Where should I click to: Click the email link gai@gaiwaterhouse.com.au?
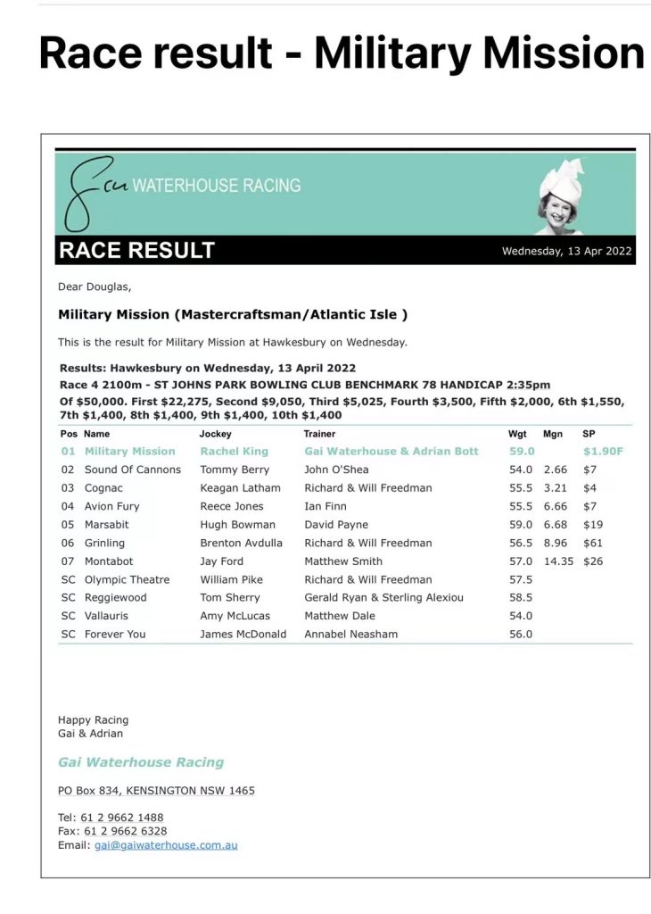click(x=166, y=845)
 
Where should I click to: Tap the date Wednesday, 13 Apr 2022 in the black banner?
click(x=566, y=251)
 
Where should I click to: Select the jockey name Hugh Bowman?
click(x=238, y=525)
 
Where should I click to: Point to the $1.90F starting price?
click(x=603, y=452)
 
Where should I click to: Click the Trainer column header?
click(x=319, y=434)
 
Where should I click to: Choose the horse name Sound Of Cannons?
click(x=133, y=469)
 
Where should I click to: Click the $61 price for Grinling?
click(x=592, y=543)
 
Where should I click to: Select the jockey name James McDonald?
click(x=243, y=635)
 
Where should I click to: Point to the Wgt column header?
click(x=517, y=434)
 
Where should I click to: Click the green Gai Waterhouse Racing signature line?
click(x=141, y=762)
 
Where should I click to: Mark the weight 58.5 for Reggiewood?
click(x=520, y=598)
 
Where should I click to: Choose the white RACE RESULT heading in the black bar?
click(x=137, y=251)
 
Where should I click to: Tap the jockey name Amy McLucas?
click(x=235, y=616)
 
